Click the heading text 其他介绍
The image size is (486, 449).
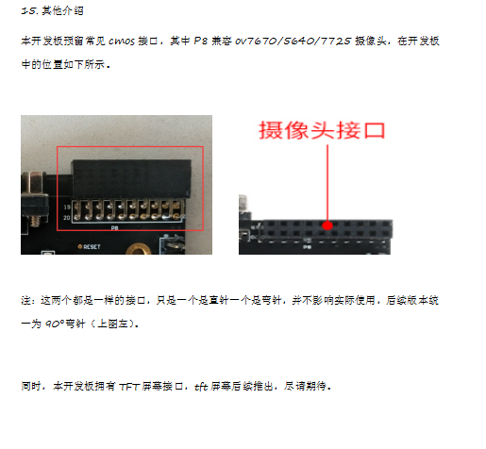[62, 11]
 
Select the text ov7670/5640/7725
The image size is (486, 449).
[293, 42]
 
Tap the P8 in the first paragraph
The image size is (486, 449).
[200, 42]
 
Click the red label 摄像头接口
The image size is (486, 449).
[322, 130]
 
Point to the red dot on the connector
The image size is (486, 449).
[327, 225]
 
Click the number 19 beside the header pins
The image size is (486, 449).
[67, 207]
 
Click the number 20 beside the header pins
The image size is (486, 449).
[67, 218]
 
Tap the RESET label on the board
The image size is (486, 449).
[92, 247]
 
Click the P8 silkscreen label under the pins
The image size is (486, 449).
[114, 227]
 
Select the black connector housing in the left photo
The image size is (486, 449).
[131, 178]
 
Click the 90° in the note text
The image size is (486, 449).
[55, 324]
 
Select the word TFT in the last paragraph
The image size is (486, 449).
[129, 387]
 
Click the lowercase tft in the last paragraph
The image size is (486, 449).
[201, 387]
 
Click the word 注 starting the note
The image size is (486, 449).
[26, 301]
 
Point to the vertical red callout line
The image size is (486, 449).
[327, 183]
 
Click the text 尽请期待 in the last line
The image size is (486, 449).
[305, 386]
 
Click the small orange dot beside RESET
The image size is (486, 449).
[80, 246]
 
